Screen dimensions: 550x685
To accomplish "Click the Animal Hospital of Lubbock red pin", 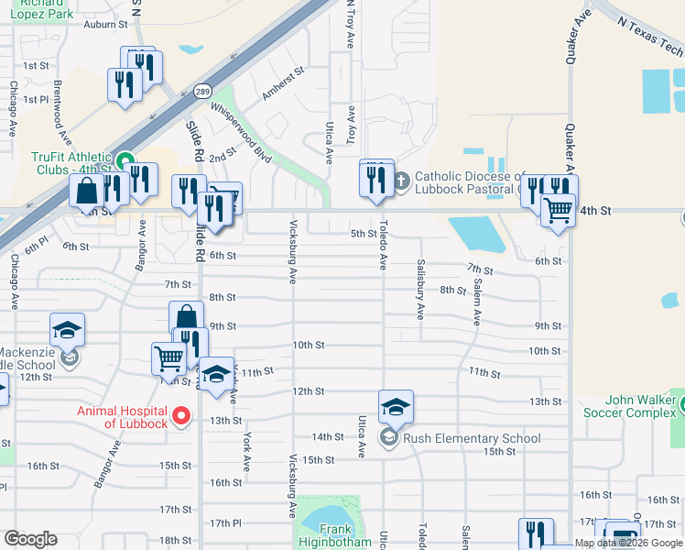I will click(181, 416).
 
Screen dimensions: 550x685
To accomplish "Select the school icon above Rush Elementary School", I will click(396, 406).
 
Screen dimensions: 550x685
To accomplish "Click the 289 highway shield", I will click(202, 92).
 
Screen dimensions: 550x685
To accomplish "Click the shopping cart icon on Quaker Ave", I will click(558, 210).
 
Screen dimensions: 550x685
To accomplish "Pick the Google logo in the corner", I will click(30, 539).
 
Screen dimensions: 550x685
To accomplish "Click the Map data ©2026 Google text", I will click(628, 543).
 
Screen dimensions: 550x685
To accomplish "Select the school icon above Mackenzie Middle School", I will click(66, 330).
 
